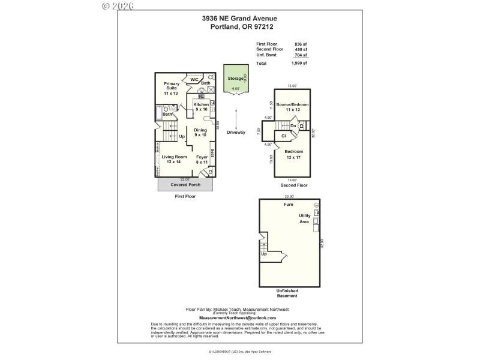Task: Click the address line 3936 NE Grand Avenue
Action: point(239,19)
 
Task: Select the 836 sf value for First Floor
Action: point(301,44)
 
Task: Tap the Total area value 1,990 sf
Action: point(299,63)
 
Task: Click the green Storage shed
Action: point(235,79)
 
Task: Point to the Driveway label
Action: point(236,132)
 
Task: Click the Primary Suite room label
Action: point(172,88)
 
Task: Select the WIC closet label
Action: point(194,79)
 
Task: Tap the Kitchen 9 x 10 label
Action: point(201,107)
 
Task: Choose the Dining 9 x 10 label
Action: point(200,133)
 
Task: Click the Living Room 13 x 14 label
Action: point(175,159)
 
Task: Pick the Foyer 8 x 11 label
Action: point(202,159)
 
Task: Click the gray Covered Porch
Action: point(185,184)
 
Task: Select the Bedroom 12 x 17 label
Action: point(295,154)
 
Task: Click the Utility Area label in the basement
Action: point(305,219)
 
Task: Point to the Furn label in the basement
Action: point(289,205)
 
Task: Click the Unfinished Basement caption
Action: point(287,293)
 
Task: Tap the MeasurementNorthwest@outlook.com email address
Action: point(238,317)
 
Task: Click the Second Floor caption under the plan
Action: point(294,185)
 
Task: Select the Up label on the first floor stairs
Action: point(182,136)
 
